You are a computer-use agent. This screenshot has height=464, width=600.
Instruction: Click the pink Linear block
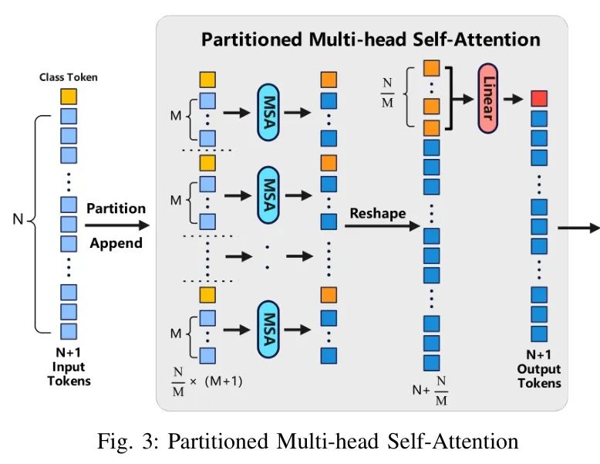(489, 99)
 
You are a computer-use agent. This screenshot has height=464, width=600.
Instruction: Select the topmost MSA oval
(268, 113)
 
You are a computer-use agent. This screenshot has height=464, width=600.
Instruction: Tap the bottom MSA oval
(268, 328)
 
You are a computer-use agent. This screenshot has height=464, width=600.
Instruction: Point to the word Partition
(116, 208)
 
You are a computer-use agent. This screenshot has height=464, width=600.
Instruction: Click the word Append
(116, 243)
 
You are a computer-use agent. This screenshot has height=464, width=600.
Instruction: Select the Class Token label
(69, 77)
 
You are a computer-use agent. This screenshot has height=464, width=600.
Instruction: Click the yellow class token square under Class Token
(69, 97)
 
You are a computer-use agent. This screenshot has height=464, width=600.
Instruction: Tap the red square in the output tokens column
(539, 99)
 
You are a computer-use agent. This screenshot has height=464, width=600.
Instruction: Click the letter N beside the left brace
(18, 220)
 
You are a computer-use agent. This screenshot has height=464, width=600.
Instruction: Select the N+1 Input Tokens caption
(69, 367)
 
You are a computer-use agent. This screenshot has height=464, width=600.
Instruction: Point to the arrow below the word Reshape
(381, 226)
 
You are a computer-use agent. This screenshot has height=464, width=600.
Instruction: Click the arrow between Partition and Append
(116, 225)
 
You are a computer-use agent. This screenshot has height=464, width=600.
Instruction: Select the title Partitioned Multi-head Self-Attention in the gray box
(370, 39)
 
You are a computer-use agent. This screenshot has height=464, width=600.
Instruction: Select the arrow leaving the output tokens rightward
(578, 228)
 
